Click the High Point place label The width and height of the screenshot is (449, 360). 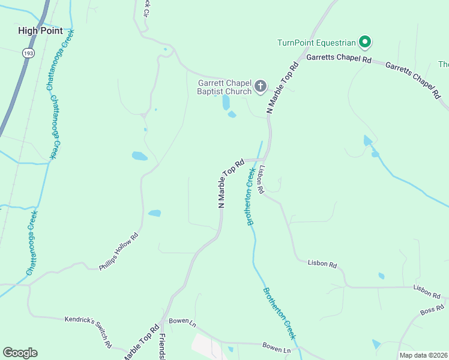point(40,31)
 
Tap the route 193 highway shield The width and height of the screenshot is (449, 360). point(28,53)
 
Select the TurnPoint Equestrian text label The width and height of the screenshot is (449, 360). point(316,43)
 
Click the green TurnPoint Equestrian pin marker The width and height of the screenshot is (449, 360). point(364,42)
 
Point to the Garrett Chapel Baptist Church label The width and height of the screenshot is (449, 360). point(224,88)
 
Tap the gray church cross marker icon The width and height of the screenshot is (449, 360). point(261,86)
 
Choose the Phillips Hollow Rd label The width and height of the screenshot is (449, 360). point(119,251)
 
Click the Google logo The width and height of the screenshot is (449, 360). point(20,353)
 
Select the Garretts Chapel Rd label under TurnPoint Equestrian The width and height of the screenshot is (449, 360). point(339,59)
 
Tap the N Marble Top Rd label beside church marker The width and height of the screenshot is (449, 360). point(283,88)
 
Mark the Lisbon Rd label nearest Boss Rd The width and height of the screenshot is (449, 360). point(427,292)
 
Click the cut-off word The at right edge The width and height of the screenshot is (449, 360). point(444,65)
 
